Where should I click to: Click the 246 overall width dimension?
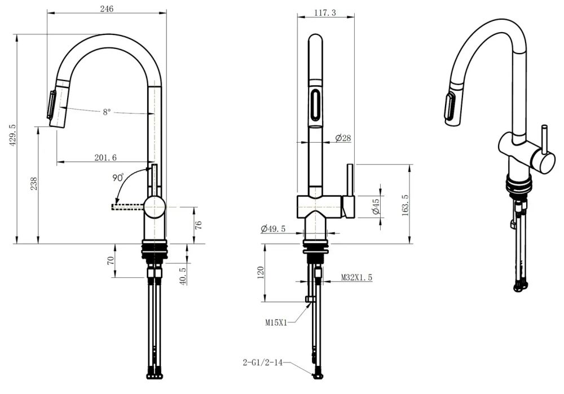tap(107, 8)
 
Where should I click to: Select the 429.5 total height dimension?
tap(12, 135)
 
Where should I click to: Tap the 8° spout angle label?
tap(107, 112)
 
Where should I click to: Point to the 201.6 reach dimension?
tap(105, 157)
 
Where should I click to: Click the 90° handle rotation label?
tap(118, 178)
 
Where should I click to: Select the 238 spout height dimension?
tap(34, 184)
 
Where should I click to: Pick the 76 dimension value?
tap(198, 225)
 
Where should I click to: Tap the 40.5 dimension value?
tap(183, 276)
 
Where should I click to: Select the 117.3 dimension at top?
tap(325, 12)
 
